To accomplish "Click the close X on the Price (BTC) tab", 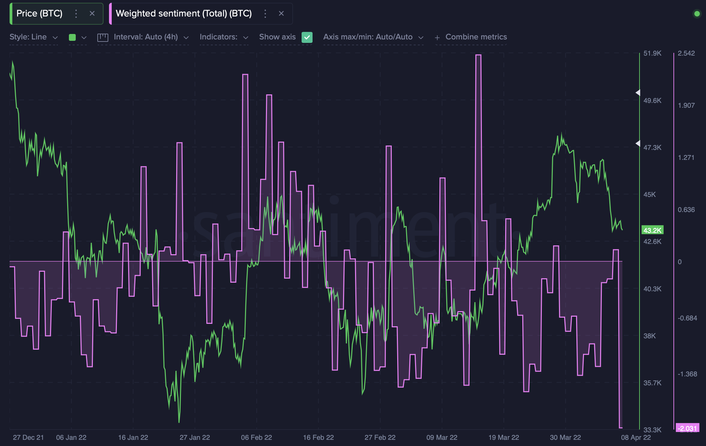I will click(92, 13).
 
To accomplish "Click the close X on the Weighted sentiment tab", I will click(281, 13).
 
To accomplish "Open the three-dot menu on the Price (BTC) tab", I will click(76, 13).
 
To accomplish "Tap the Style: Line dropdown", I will click(33, 37).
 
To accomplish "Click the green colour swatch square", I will click(72, 37).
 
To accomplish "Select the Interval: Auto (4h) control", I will click(145, 37).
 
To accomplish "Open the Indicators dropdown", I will click(223, 37).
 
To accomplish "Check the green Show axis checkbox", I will click(307, 37).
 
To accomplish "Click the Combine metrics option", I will click(476, 37).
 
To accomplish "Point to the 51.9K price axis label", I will click(652, 53).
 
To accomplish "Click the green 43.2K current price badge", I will click(652, 230).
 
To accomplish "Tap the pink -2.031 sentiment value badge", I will click(687, 428).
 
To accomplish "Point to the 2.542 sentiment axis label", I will click(686, 53).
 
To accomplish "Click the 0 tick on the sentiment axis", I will click(680, 262).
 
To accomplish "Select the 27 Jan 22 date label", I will click(195, 437).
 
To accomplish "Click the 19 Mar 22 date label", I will click(503, 437).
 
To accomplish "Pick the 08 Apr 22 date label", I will click(636, 437).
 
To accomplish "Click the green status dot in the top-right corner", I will click(697, 14).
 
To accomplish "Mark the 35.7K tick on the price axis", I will click(652, 383).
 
